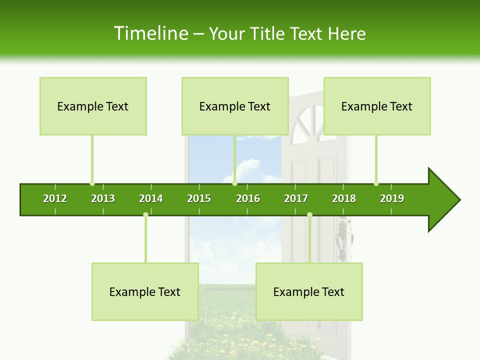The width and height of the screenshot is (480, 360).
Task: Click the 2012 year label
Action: pyautogui.click(x=55, y=198)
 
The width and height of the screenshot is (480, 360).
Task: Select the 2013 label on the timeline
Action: pyautogui.click(x=103, y=198)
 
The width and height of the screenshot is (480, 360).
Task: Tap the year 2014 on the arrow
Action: pyautogui.click(x=151, y=198)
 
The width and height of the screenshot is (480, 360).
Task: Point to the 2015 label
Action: pyautogui.click(x=199, y=198)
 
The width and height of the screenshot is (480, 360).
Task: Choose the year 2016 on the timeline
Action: pyautogui.click(x=248, y=198)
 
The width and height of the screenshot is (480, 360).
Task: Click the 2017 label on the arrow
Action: pyautogui.click(x=296, y=198)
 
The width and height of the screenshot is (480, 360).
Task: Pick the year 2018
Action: pyautogui.click(x=344, y=198)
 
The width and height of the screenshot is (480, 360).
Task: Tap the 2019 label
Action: pyautogui.click(x=392, y=198)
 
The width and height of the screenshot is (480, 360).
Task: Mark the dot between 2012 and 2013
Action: pyautogui.click(x=92, y=183)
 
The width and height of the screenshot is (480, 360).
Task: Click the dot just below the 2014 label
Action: pyautogui.click(x=145, y=215)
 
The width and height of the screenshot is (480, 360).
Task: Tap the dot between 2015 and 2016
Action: pyautogui.click(x=234, y=183)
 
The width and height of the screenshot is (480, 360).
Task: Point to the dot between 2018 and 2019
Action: pyautogui.click(x=376, y=183)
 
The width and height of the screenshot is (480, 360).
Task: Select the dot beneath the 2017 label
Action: pyautogui.click(x=309, y=215)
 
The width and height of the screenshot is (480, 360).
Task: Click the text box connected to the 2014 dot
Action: pyautogui.click(x=145, y=291)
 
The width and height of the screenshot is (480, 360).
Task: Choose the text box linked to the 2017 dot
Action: pyautogui.click(x=309, y=291)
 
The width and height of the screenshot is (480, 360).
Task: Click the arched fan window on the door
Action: pyautogui.click(x=306, y=122)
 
